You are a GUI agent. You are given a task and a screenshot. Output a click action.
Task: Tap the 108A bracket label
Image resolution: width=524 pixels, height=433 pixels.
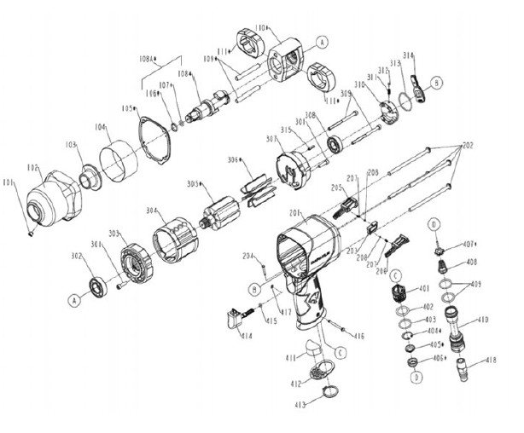click(x=148, y=60)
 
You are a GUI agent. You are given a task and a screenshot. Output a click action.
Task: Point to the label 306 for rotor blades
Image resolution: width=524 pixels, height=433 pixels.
click(x=232, y=160)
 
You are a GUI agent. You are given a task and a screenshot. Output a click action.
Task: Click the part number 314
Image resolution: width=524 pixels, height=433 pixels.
click(x=408, y=55)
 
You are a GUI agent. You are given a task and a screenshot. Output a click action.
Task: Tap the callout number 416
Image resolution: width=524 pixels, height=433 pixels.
click(x=359, y=336)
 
